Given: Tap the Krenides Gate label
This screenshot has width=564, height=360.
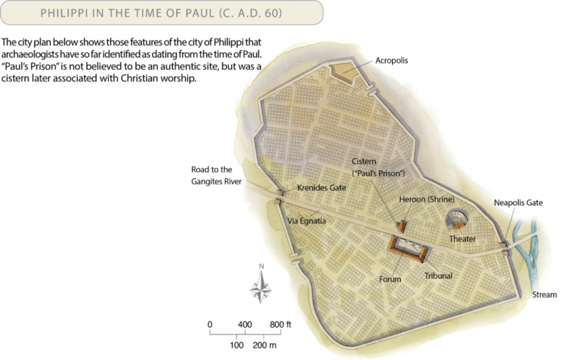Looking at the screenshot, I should coord(321,188).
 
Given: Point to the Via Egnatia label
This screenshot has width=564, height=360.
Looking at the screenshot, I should coord(305,220).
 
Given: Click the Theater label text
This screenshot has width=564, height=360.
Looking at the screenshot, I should coord(463,239).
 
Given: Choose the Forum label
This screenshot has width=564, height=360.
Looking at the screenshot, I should coord(390,279).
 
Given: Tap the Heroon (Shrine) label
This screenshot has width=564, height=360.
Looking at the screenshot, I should coord(427,200).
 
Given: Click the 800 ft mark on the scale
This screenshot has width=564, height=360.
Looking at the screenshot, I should coord(279,324).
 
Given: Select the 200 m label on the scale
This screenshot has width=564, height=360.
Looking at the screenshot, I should coord(263,345).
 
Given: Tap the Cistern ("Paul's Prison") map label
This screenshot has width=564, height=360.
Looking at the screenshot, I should coord(377,167).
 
